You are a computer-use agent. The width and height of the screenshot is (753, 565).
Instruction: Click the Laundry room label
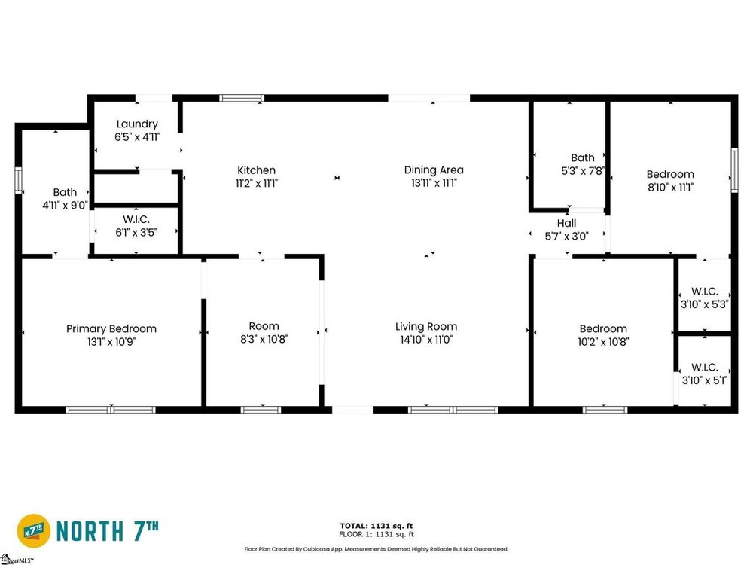point(137,124)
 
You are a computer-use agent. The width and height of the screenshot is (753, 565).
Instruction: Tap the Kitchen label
point(257,170)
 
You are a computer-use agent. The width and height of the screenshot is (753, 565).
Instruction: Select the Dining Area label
point(434,169)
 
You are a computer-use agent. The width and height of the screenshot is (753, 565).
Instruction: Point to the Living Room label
point(426,327)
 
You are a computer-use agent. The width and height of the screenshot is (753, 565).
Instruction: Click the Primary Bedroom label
point(111,329)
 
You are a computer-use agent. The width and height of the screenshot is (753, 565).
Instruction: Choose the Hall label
point(567,223)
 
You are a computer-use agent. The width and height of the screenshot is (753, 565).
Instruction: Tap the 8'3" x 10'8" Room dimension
point(264,339)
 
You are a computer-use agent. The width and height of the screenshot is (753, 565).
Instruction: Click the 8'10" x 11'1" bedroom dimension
point(670,188)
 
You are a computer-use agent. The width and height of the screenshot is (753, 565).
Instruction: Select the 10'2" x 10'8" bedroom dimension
point(603,341)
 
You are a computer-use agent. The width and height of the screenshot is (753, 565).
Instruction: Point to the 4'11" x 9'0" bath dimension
point(65,205)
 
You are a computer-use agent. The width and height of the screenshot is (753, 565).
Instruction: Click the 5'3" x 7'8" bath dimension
point(583,170)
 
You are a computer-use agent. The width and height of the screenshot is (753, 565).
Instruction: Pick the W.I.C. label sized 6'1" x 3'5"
point(136,219)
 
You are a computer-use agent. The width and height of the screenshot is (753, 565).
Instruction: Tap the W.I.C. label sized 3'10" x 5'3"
point(705,291)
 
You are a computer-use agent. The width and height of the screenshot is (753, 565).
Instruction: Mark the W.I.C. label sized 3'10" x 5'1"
point(705,368)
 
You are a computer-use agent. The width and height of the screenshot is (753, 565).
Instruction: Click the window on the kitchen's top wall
point(242,98)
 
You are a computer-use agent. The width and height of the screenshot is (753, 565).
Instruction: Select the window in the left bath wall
point(19,180)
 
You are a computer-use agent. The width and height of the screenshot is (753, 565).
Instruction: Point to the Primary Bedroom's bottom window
point(111,410)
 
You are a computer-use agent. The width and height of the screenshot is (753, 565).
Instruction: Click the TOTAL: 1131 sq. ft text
point(376,526)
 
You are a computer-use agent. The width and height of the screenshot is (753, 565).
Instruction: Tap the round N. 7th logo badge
point(34,531)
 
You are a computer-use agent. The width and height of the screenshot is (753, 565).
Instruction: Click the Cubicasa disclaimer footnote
point(376,548)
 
